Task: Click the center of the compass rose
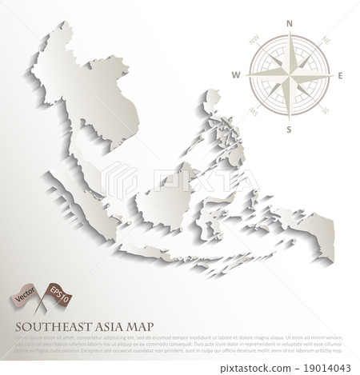pos(290,76)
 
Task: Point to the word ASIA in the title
pos(112,327)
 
